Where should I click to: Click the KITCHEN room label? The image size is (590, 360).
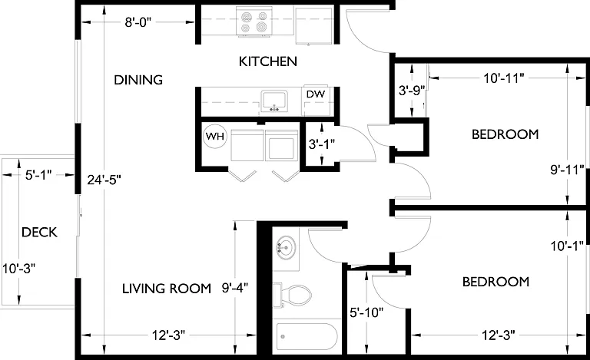click(x=268, y=61)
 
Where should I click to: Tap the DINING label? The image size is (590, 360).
click(x=138, y=80)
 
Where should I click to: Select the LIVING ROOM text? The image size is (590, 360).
click(x=166, y=288)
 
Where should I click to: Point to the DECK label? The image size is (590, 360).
click(x=39, y=233)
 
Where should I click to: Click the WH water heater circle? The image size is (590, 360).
click(x=215, y=136)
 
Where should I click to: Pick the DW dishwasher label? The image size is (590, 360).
click(x=315, y=94)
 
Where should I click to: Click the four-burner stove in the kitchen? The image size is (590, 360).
click(x=254, y=22)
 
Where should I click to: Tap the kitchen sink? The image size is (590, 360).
click(x=274, y=101)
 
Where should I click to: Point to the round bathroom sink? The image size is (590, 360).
click(x=286, y=248)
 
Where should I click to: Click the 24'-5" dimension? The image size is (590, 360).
click(x=104, y=180)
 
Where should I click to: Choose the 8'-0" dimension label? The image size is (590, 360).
click(x=138, y=22)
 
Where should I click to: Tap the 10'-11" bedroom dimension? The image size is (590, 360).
click(x=504, y=78)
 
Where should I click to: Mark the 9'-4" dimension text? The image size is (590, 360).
click(x=235, y=288)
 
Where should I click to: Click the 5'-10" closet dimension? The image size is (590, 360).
click(x=366, y=312)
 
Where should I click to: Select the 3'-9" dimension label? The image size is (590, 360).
click(x=412, y=90)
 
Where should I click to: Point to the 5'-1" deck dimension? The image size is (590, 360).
click(x=38, y=175)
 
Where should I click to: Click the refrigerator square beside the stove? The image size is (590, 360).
click(x=313, y=25)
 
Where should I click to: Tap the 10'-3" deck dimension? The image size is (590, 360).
click(x=18, y=269)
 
